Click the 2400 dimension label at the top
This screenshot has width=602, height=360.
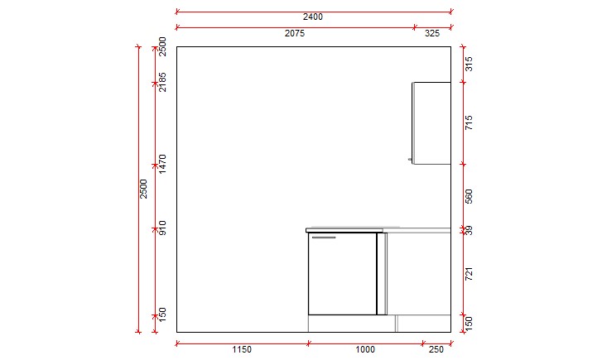[x=313, y=17]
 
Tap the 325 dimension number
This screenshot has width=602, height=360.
[x=432, y=34]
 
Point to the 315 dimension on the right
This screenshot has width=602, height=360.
[x=468, y=64]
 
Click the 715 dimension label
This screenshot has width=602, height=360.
[x=468, y=123]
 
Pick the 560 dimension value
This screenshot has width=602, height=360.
[x=468, y=196]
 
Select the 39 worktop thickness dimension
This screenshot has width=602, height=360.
[x=468, y=230]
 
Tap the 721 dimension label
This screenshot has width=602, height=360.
[x=468, y=273]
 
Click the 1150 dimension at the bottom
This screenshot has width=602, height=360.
[x=241, y=349]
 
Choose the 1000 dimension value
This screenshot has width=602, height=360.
[x=364, y=349]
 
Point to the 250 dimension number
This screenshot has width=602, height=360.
[x=436, y=349]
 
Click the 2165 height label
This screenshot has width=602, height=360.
[x=163, y=81]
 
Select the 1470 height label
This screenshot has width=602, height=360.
[x=163, y=163]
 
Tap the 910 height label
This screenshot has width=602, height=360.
[x=163, y=228]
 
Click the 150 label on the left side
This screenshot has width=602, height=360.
[x=163, y=314]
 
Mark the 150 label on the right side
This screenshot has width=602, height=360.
[x=468, y=324]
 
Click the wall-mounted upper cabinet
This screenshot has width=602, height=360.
[x=431, y=122]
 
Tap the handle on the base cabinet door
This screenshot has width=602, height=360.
[x=324, y=238]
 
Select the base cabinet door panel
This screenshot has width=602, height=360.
[x=342, y=275]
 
